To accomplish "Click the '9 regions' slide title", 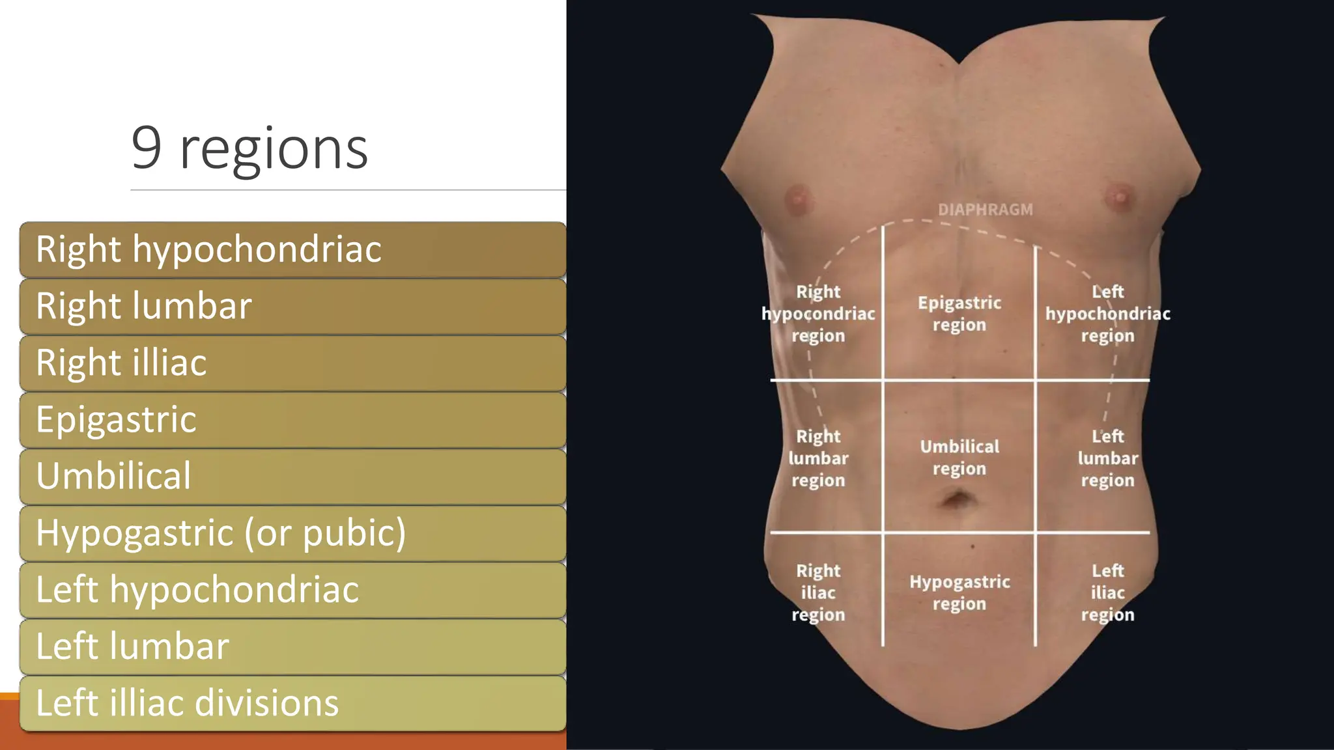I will coord(249,149).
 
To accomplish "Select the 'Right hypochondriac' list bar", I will coord(292,250).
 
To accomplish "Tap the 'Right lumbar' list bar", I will coord(292,307).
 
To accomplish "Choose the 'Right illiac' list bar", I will coord(292,363).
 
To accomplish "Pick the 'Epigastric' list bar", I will coord(292,420).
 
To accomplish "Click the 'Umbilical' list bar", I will coord(292,477).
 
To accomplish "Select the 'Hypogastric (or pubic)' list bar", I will coord(292,533).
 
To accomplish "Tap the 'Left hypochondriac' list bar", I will coord(292,590).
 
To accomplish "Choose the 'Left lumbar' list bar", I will coord(292,646).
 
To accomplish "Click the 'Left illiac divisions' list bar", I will coord(292,703).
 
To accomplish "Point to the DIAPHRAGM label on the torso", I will coord(985,210).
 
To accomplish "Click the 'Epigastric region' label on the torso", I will coord(959,314).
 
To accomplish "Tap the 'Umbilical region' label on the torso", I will coord(959,458).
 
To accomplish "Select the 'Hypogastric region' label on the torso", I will coord(959,592).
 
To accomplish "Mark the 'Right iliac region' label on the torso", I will coord(818,592).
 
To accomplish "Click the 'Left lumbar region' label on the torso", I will coord(1107,458).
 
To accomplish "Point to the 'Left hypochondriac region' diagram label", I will coord(1107,314).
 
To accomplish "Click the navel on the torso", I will coord(958,501).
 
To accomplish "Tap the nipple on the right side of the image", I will coord(1120,196).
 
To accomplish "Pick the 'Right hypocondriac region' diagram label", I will coord(818,314).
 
